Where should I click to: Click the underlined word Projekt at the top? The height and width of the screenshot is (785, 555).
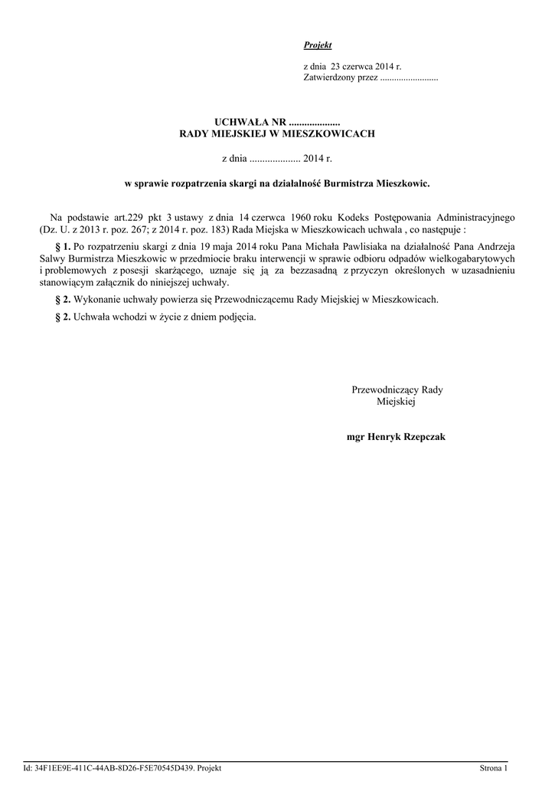[318, 46]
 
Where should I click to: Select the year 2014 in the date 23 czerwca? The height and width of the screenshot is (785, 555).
[384, 67]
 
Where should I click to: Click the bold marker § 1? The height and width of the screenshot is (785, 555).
[64, 246]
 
